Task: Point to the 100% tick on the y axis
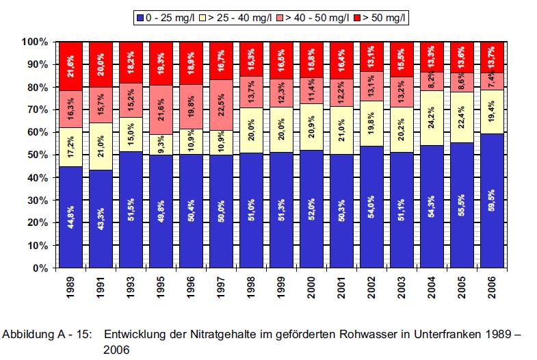pyautogui.click(x=34, y=42)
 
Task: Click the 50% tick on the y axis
pyautogui.click(x=36, y=155)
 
